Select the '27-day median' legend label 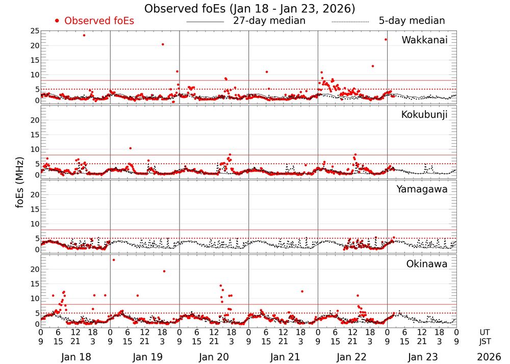269,21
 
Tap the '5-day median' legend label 412,21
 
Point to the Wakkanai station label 424,40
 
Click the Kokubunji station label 424,115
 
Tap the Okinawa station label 426,264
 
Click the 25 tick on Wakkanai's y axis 35,31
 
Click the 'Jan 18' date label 75,357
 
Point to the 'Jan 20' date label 214,357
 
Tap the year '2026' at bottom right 489,357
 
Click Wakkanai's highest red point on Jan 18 84,35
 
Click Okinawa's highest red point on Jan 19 114,260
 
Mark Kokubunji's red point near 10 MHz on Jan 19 131,148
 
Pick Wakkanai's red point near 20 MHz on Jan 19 163,44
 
